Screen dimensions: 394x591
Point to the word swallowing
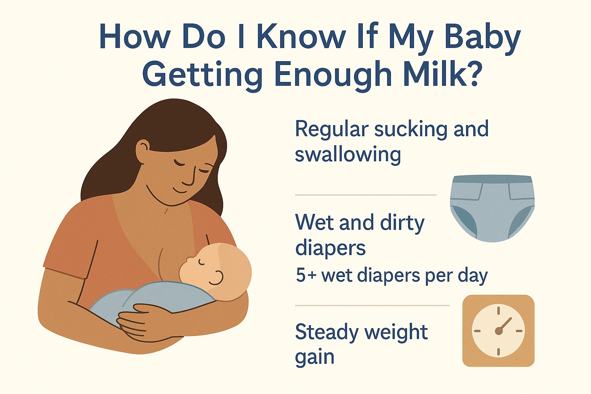[348, 155]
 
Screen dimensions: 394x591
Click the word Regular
[332, 130]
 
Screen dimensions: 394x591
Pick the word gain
[314, 357]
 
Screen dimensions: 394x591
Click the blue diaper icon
[492, 208]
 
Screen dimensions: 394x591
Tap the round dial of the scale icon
[498, 331]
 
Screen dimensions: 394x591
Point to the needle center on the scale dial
[499, 331]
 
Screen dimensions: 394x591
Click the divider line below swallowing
[366, 195]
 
